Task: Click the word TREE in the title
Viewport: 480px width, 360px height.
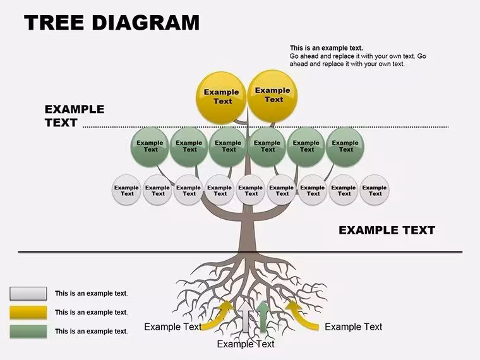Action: (x=54, y=23)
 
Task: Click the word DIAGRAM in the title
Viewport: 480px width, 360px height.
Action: (x=145, y=23)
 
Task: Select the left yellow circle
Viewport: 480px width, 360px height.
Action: (x=221, y=98)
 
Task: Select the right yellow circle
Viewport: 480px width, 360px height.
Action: (x=272, y=96)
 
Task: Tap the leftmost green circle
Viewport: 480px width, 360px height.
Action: (x=150, y=147)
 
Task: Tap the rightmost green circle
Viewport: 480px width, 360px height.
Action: (x=345, y=147)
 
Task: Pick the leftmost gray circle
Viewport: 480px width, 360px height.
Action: (x=126, y=190)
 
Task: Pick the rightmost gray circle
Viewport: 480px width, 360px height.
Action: (x=375, y=190)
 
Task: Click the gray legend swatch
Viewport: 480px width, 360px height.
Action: (x=28, y=294)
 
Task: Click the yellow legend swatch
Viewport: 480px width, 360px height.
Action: (x=28, y=313)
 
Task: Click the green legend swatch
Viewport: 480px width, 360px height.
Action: (x=28, y=332)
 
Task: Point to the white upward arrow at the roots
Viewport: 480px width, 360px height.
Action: (x=246, y=316)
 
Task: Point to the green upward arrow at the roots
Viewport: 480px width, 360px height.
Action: (x=263, y=316)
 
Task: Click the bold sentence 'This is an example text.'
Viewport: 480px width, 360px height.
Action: (x=327, y=48)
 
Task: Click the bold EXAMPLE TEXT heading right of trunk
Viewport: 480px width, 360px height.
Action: (x=387, y=230)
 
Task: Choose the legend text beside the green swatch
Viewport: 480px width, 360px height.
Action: (x=91, y=331)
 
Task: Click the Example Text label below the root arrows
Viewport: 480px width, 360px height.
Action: (x=246, y=344)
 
